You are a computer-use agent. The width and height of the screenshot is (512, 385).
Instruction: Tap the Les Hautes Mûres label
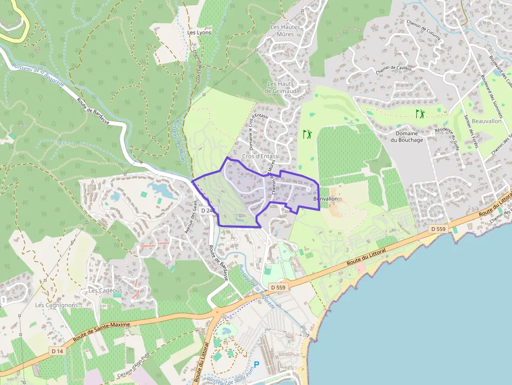coord(282,30)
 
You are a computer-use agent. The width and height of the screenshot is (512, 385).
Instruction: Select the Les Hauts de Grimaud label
coord(280,87)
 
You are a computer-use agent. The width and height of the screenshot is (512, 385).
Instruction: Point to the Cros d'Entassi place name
coord(261,156)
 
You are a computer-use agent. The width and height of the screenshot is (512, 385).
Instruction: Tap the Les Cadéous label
coord(105,290)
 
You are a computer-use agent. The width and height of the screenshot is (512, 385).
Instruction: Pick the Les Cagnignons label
coord(56,305)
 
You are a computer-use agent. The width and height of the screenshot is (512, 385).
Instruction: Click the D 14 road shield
coord(57,351)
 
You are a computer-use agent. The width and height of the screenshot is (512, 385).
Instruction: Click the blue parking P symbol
coord(257,365)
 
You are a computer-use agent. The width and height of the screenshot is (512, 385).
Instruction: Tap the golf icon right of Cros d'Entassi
coord(307,134)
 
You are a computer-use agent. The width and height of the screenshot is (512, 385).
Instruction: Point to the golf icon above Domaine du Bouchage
coord(420,113)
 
